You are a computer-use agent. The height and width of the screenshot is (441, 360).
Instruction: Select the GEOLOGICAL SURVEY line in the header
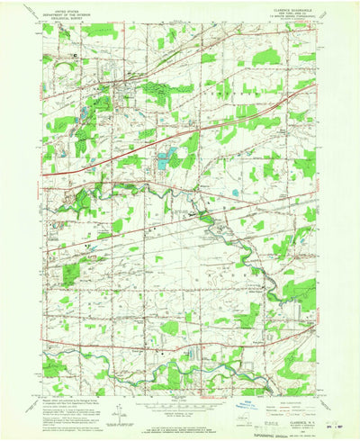point(60,20)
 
